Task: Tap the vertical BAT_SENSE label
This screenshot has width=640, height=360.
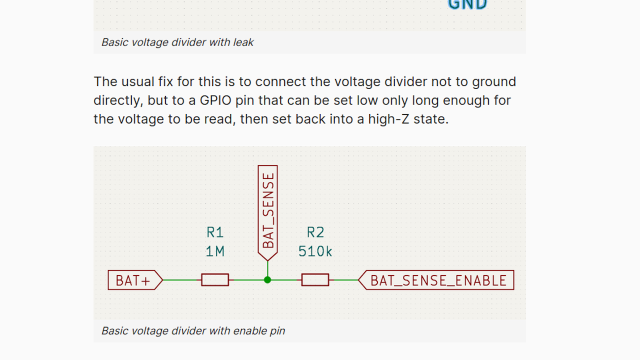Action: [268, 210]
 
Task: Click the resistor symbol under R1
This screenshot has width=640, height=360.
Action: [215, 280]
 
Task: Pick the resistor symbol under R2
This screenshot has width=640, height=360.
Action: [315, 280]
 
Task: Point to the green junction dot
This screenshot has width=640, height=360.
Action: [267, 280]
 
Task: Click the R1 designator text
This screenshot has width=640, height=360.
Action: [215, 232]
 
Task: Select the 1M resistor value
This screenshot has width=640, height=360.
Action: [215, 251]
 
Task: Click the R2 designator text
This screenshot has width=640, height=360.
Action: [315, 232]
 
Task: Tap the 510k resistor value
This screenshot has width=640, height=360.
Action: [315, 251]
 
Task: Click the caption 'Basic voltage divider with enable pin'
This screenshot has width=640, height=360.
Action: [193, 331]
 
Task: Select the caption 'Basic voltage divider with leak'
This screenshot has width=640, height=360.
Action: [177, 42]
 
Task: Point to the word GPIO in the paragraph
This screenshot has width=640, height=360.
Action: [215, 100]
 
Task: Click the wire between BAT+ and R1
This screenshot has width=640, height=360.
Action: [182, 280]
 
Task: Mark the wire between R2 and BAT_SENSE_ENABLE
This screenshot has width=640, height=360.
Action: [343, 280]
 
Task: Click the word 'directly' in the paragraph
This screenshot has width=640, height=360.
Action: [118, 100]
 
